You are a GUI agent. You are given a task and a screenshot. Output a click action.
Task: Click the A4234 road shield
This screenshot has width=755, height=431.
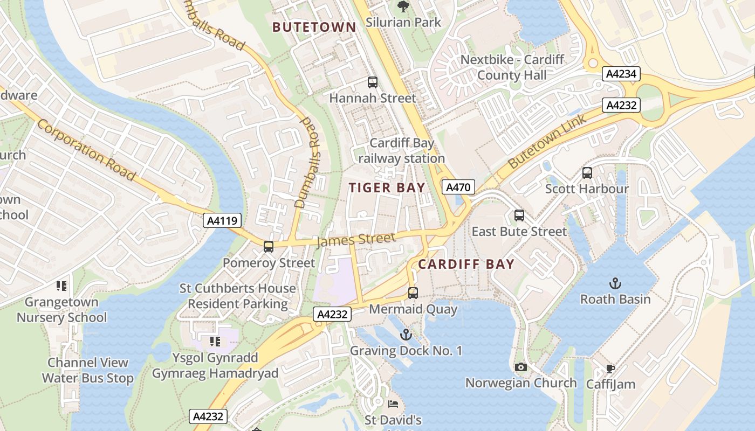[x=621, y=74]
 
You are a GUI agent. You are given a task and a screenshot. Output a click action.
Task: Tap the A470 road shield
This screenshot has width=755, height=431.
[x=458, y=187]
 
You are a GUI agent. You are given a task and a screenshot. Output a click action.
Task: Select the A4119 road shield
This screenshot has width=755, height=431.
[x=222, y=220]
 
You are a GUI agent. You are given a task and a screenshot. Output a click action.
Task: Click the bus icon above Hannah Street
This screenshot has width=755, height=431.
[x=373, y=82]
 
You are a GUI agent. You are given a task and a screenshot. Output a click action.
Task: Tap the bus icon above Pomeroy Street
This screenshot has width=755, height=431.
[x=269, y=247]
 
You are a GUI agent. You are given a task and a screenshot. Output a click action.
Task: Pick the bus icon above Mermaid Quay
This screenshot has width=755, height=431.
[x=413, y=293]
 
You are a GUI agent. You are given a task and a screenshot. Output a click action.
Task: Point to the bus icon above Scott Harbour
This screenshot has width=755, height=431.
[x=587, y=173]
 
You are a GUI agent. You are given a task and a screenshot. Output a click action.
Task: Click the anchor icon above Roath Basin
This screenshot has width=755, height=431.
[x=615, y=283]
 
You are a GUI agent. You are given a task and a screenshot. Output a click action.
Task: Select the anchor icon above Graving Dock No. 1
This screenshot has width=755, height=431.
[x=406, y=335]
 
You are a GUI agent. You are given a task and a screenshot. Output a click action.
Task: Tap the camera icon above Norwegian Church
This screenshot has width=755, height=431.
[x=521, y=367]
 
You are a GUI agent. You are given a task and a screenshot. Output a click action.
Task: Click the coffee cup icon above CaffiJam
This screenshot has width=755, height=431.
[x=610, y=369]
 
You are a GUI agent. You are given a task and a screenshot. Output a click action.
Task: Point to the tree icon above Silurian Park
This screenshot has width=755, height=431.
[x=403, y=7]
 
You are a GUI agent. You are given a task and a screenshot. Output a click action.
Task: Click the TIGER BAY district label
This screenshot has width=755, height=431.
[x=387, y=187]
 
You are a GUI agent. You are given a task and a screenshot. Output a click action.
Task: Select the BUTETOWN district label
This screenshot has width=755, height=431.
[x=314, y=27]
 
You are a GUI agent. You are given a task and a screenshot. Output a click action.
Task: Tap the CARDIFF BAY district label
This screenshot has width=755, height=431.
[x=466, y=265]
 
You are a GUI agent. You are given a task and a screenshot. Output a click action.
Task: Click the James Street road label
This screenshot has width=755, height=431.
[x=356, y=239]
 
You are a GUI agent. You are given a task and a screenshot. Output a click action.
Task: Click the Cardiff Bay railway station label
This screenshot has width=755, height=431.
[x=402, y=151]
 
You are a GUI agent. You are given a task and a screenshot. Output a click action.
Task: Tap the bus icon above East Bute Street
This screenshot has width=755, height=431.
[x=519, y=215]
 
